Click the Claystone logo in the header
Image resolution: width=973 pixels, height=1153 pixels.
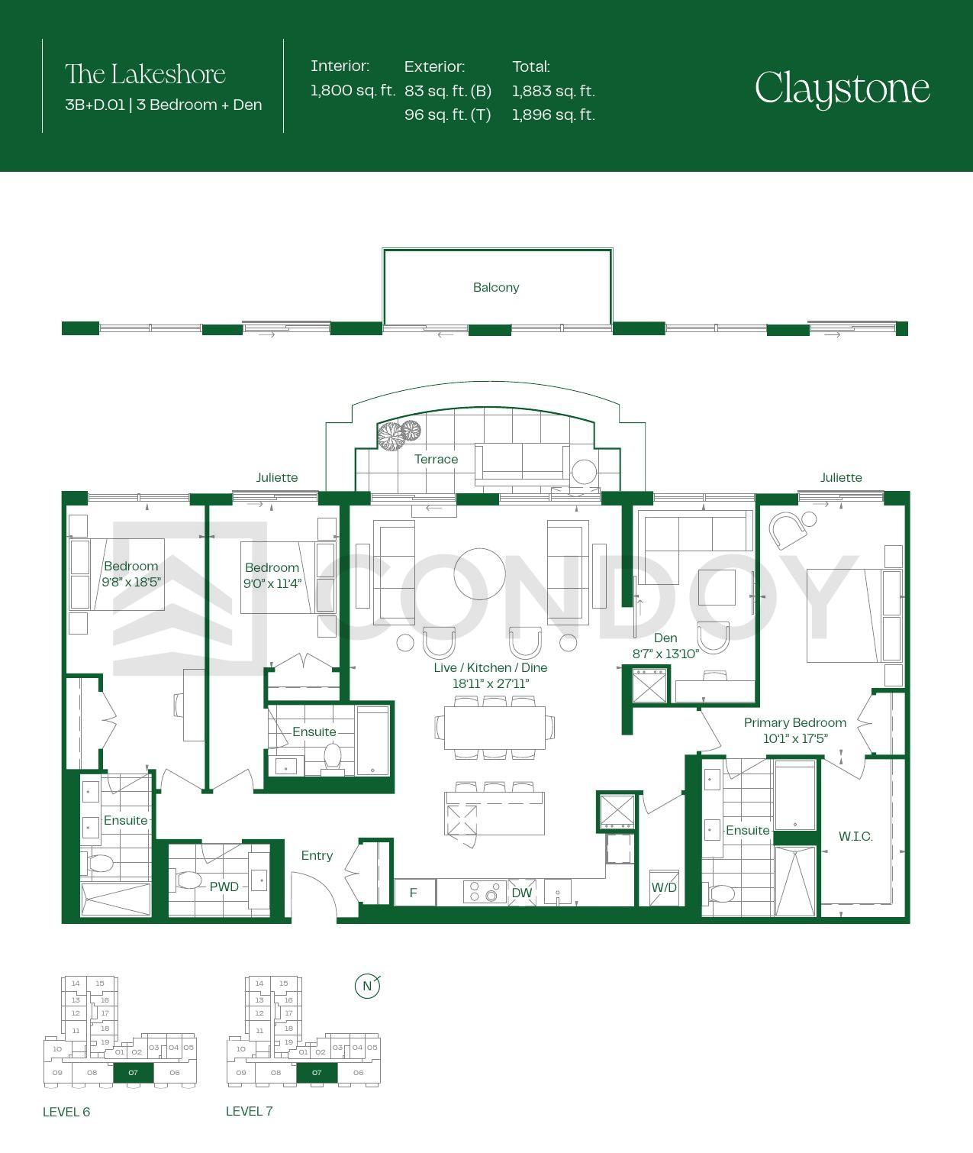(843, 89)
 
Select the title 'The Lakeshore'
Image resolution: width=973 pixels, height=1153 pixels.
(145, 74)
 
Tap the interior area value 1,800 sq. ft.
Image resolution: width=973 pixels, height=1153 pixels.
(353, 91)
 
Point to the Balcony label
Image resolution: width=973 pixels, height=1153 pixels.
(495, 288)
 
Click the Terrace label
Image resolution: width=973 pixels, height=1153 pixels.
(436, 459)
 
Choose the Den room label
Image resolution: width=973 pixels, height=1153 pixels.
(665, 638)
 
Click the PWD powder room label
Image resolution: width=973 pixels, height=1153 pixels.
(224, 887)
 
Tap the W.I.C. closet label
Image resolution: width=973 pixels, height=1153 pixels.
(855, 837)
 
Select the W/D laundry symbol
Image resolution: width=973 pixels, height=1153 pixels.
(664, 887)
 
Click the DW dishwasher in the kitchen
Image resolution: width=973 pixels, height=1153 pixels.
(521, 893)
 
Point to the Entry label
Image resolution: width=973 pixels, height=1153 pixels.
(317, 855)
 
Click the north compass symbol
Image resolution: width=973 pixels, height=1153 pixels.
(368, 987)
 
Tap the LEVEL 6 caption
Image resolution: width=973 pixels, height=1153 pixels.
(66, 1112)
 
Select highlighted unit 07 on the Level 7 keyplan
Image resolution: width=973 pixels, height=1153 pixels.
(317, 1072)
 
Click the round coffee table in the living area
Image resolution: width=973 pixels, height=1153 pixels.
(479, 573)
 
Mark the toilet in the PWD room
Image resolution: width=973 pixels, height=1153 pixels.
(188, 880)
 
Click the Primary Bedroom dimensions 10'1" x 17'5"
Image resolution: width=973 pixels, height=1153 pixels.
(795, 739)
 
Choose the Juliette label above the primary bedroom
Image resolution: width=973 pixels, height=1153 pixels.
(840, 478)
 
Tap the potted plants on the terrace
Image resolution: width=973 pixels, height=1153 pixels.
(399, 434)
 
